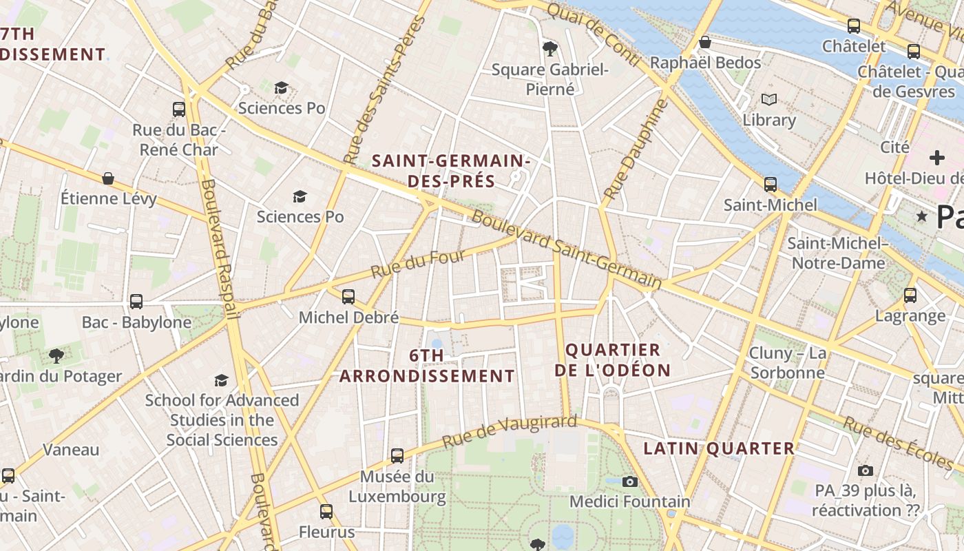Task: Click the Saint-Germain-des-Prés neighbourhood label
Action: (451, 171)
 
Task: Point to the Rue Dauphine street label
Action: (634, 150)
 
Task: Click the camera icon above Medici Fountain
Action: (629, 481)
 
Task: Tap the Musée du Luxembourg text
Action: (397, 486)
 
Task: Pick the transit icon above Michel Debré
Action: (348, 297)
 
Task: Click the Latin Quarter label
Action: (719, 449)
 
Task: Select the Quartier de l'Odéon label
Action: (612, 360)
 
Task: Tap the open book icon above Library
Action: (769, 100)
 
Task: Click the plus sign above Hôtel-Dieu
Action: (936, 158)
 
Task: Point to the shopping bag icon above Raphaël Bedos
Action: (704, 43)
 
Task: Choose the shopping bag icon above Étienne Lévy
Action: (108, 179)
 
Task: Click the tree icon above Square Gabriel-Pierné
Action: (549, 48)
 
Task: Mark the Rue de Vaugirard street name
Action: (509, 430)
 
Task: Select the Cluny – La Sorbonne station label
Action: (788, 363)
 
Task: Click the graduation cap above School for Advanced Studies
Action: (221, 380)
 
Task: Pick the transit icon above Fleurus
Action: (326, 512)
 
